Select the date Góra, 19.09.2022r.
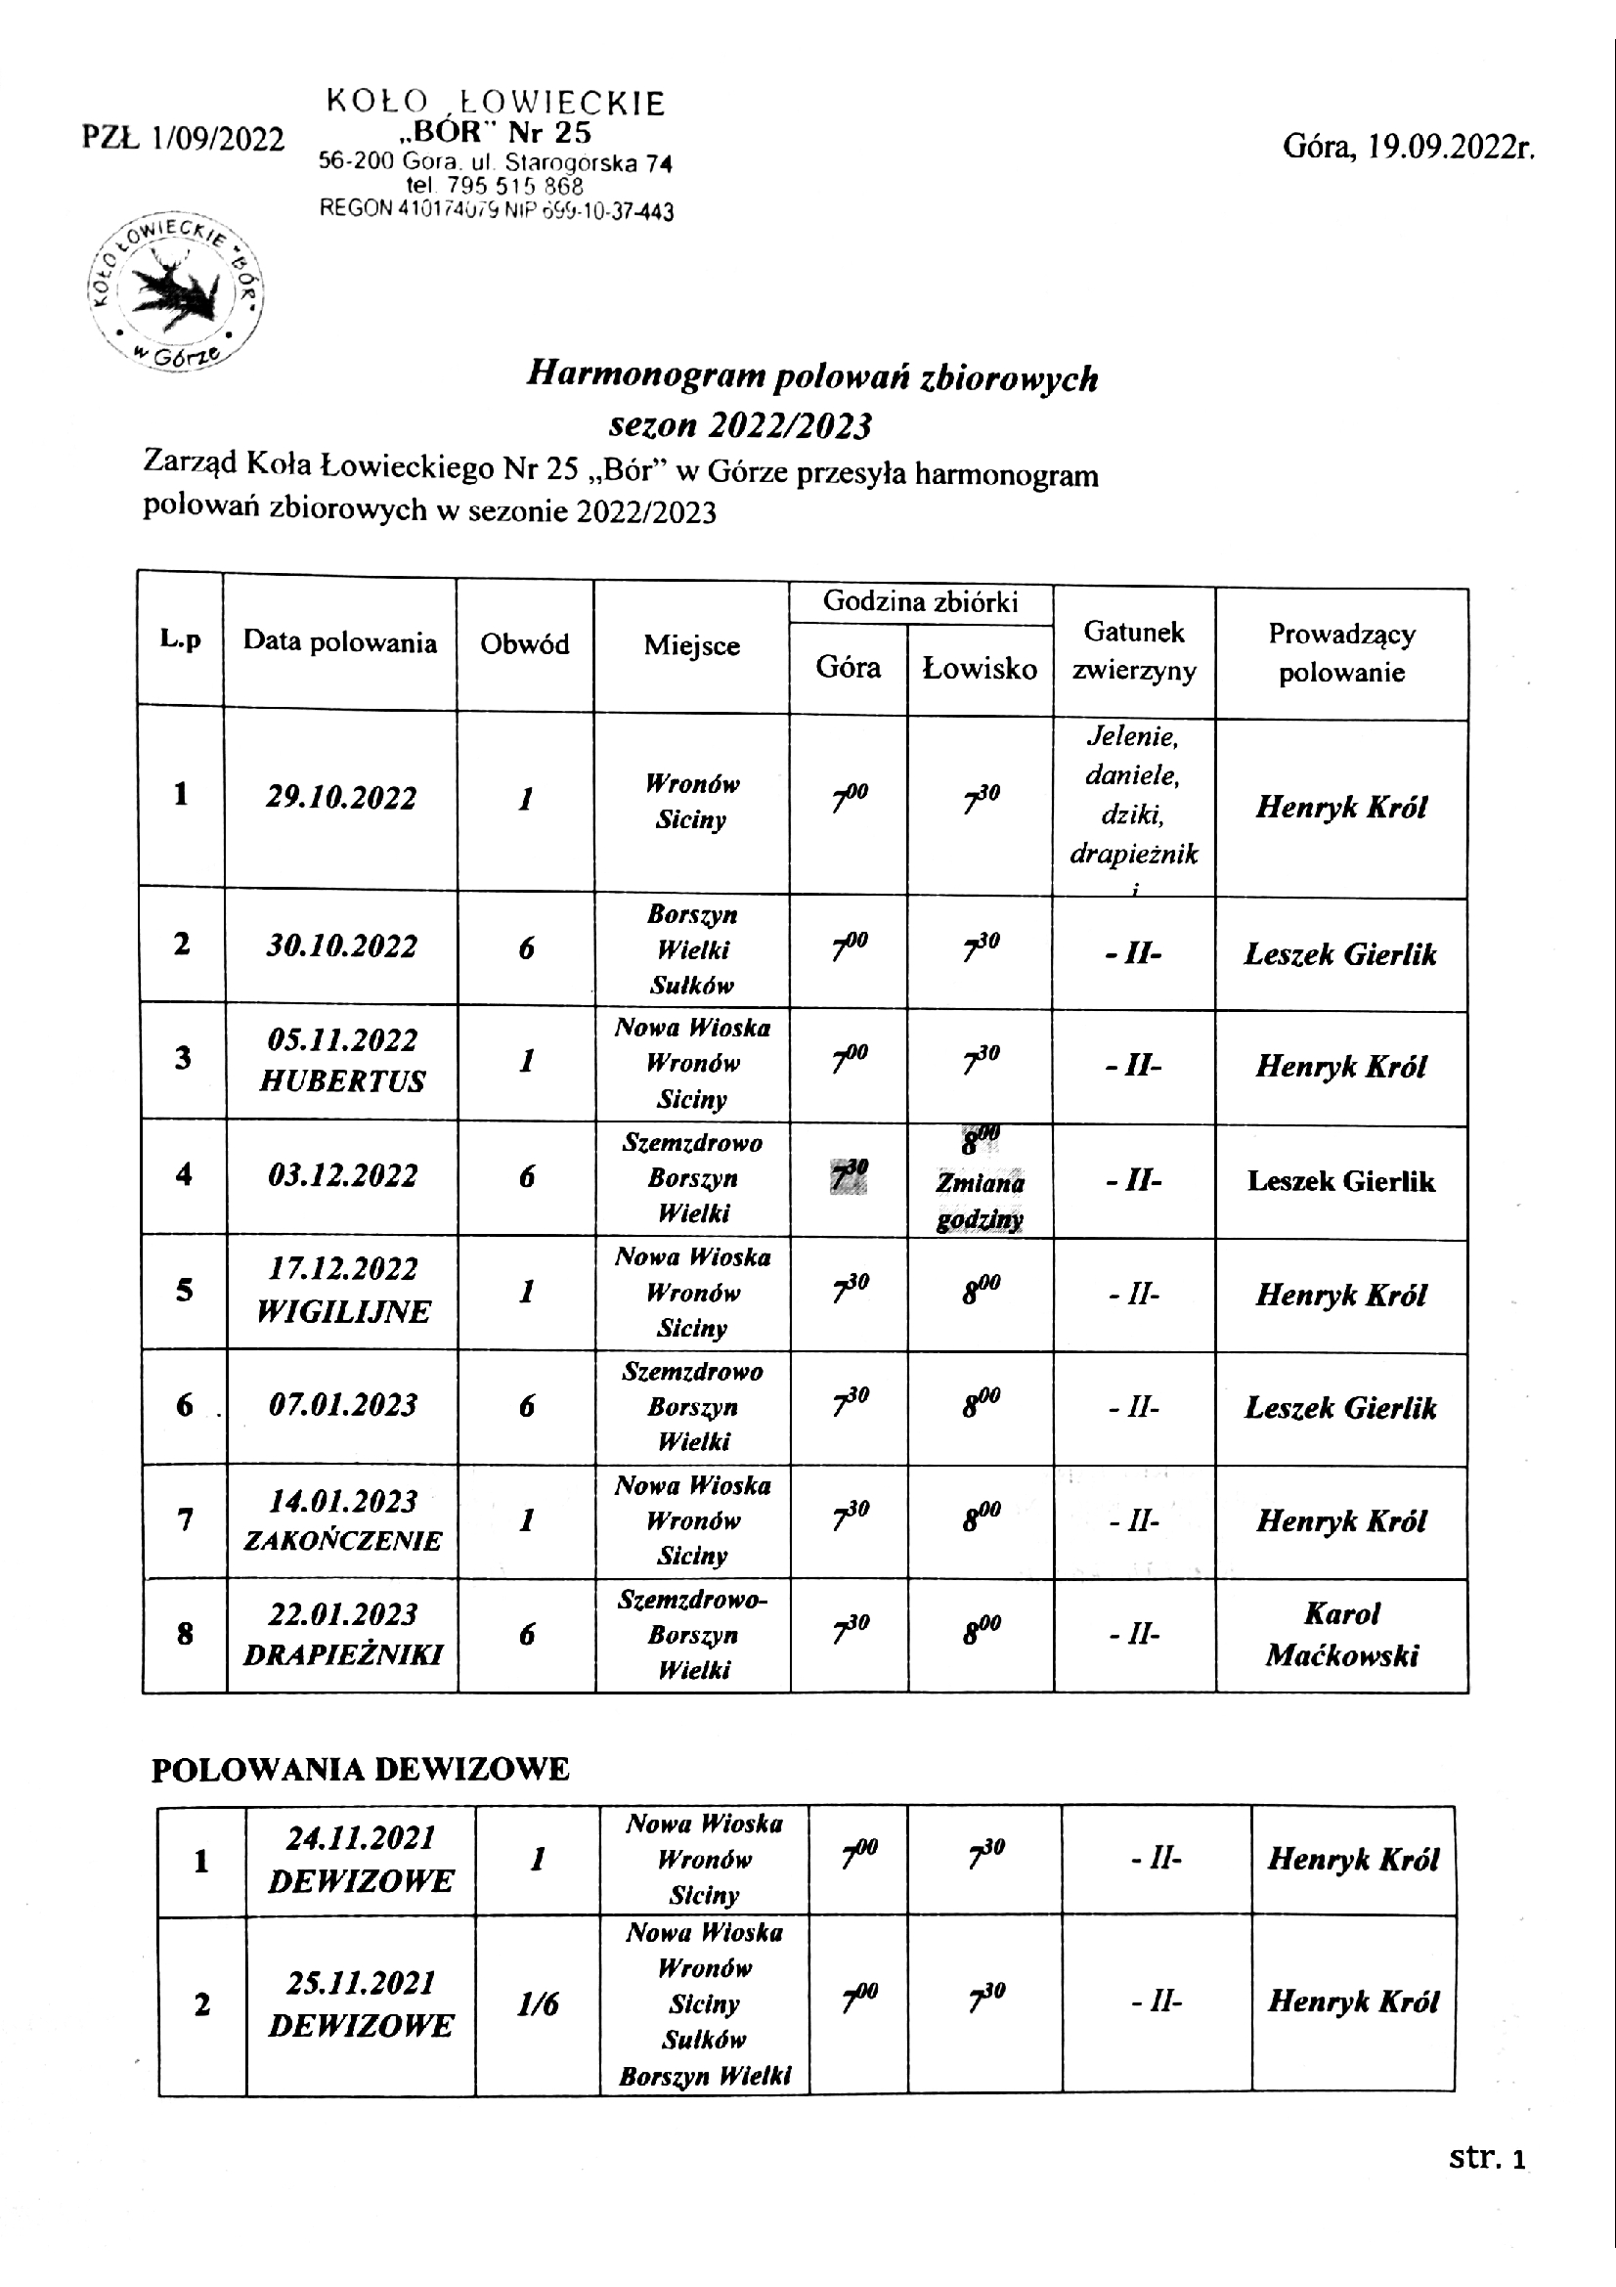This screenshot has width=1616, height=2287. [x=1408, y=147]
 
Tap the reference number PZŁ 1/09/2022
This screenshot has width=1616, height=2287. [x=183, y=139]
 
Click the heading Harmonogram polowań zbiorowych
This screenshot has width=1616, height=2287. [x=811, y=376]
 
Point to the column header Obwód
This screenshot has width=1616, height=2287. [x=525, y=644]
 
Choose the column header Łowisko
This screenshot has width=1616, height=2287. [x=980, y=669]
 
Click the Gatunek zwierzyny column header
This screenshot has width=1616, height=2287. [x=1134, y=650]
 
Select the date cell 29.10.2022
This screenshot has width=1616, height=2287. [x=341, y=798]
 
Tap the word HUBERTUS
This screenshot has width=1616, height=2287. [x=341, y=1081]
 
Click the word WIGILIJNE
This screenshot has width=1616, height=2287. [x=342, y=1311]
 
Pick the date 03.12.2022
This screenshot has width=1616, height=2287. [x=342, y=1175]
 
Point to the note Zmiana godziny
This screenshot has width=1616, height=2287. [x=980, y=1202]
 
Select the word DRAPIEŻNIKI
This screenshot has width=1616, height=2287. [x=342, y=1654]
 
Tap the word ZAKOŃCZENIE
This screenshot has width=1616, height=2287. [x=342, y=1541]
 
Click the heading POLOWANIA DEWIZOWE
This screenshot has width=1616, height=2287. [x=360, y=1769]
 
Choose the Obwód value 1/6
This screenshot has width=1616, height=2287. [x=538, y=2004]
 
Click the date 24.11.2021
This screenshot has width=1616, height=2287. [x=361, y=1838]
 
